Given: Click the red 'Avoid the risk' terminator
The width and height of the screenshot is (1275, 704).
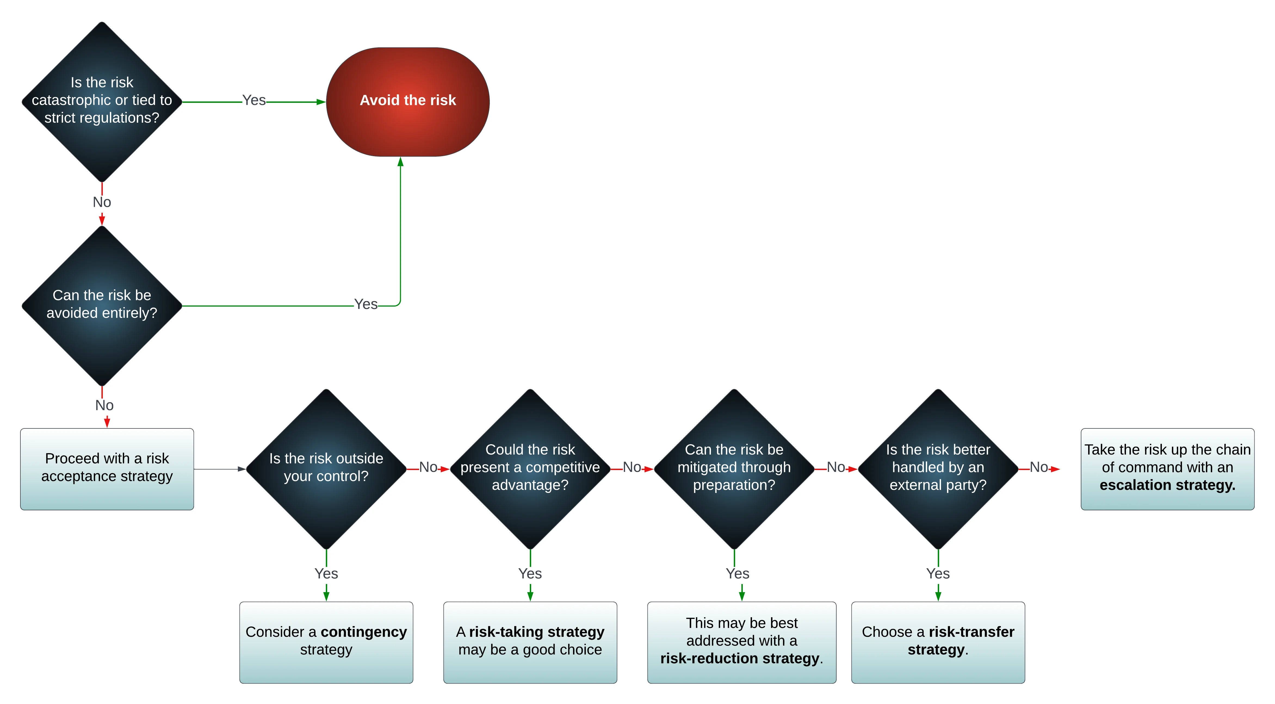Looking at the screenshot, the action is tap(408, 102).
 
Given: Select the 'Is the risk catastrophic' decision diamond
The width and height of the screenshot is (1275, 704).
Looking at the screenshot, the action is tap(102, 102).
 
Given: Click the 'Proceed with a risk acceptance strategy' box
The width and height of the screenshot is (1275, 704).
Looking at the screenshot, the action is tap(107, 469).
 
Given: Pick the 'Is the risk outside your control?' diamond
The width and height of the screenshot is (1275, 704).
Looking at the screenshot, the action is tap(326, 469).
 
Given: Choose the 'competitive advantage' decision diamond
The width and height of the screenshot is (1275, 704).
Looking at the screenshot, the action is tap(530, 469).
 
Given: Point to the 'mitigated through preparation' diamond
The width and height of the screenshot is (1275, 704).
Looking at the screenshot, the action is tap(734, 469).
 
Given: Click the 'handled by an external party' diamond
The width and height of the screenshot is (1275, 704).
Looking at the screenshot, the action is tap(938, 469).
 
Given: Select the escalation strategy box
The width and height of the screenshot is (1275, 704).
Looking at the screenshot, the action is tap(1168, 469).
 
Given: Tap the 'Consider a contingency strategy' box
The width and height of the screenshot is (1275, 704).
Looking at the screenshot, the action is tap(326, 643).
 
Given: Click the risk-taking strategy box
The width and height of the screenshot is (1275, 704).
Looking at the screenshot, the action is tap(530, 643).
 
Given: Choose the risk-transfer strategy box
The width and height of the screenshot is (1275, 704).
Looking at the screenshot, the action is tap(938, 643).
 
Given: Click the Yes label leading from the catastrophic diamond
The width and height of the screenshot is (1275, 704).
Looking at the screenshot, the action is tap(254, 100).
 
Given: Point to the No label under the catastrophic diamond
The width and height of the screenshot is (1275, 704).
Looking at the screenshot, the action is tap(102, 202).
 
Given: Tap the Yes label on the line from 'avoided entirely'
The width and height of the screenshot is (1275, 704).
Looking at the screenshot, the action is tap(366, 304).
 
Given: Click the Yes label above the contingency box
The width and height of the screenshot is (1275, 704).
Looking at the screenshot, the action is tap(326, 573).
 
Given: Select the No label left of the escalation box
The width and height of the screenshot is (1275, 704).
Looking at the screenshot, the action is tap(1039, 467).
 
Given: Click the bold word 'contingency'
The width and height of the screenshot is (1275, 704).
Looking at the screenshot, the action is tap(364, 632).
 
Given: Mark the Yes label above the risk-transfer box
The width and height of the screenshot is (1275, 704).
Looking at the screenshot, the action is tap(938, 573).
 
